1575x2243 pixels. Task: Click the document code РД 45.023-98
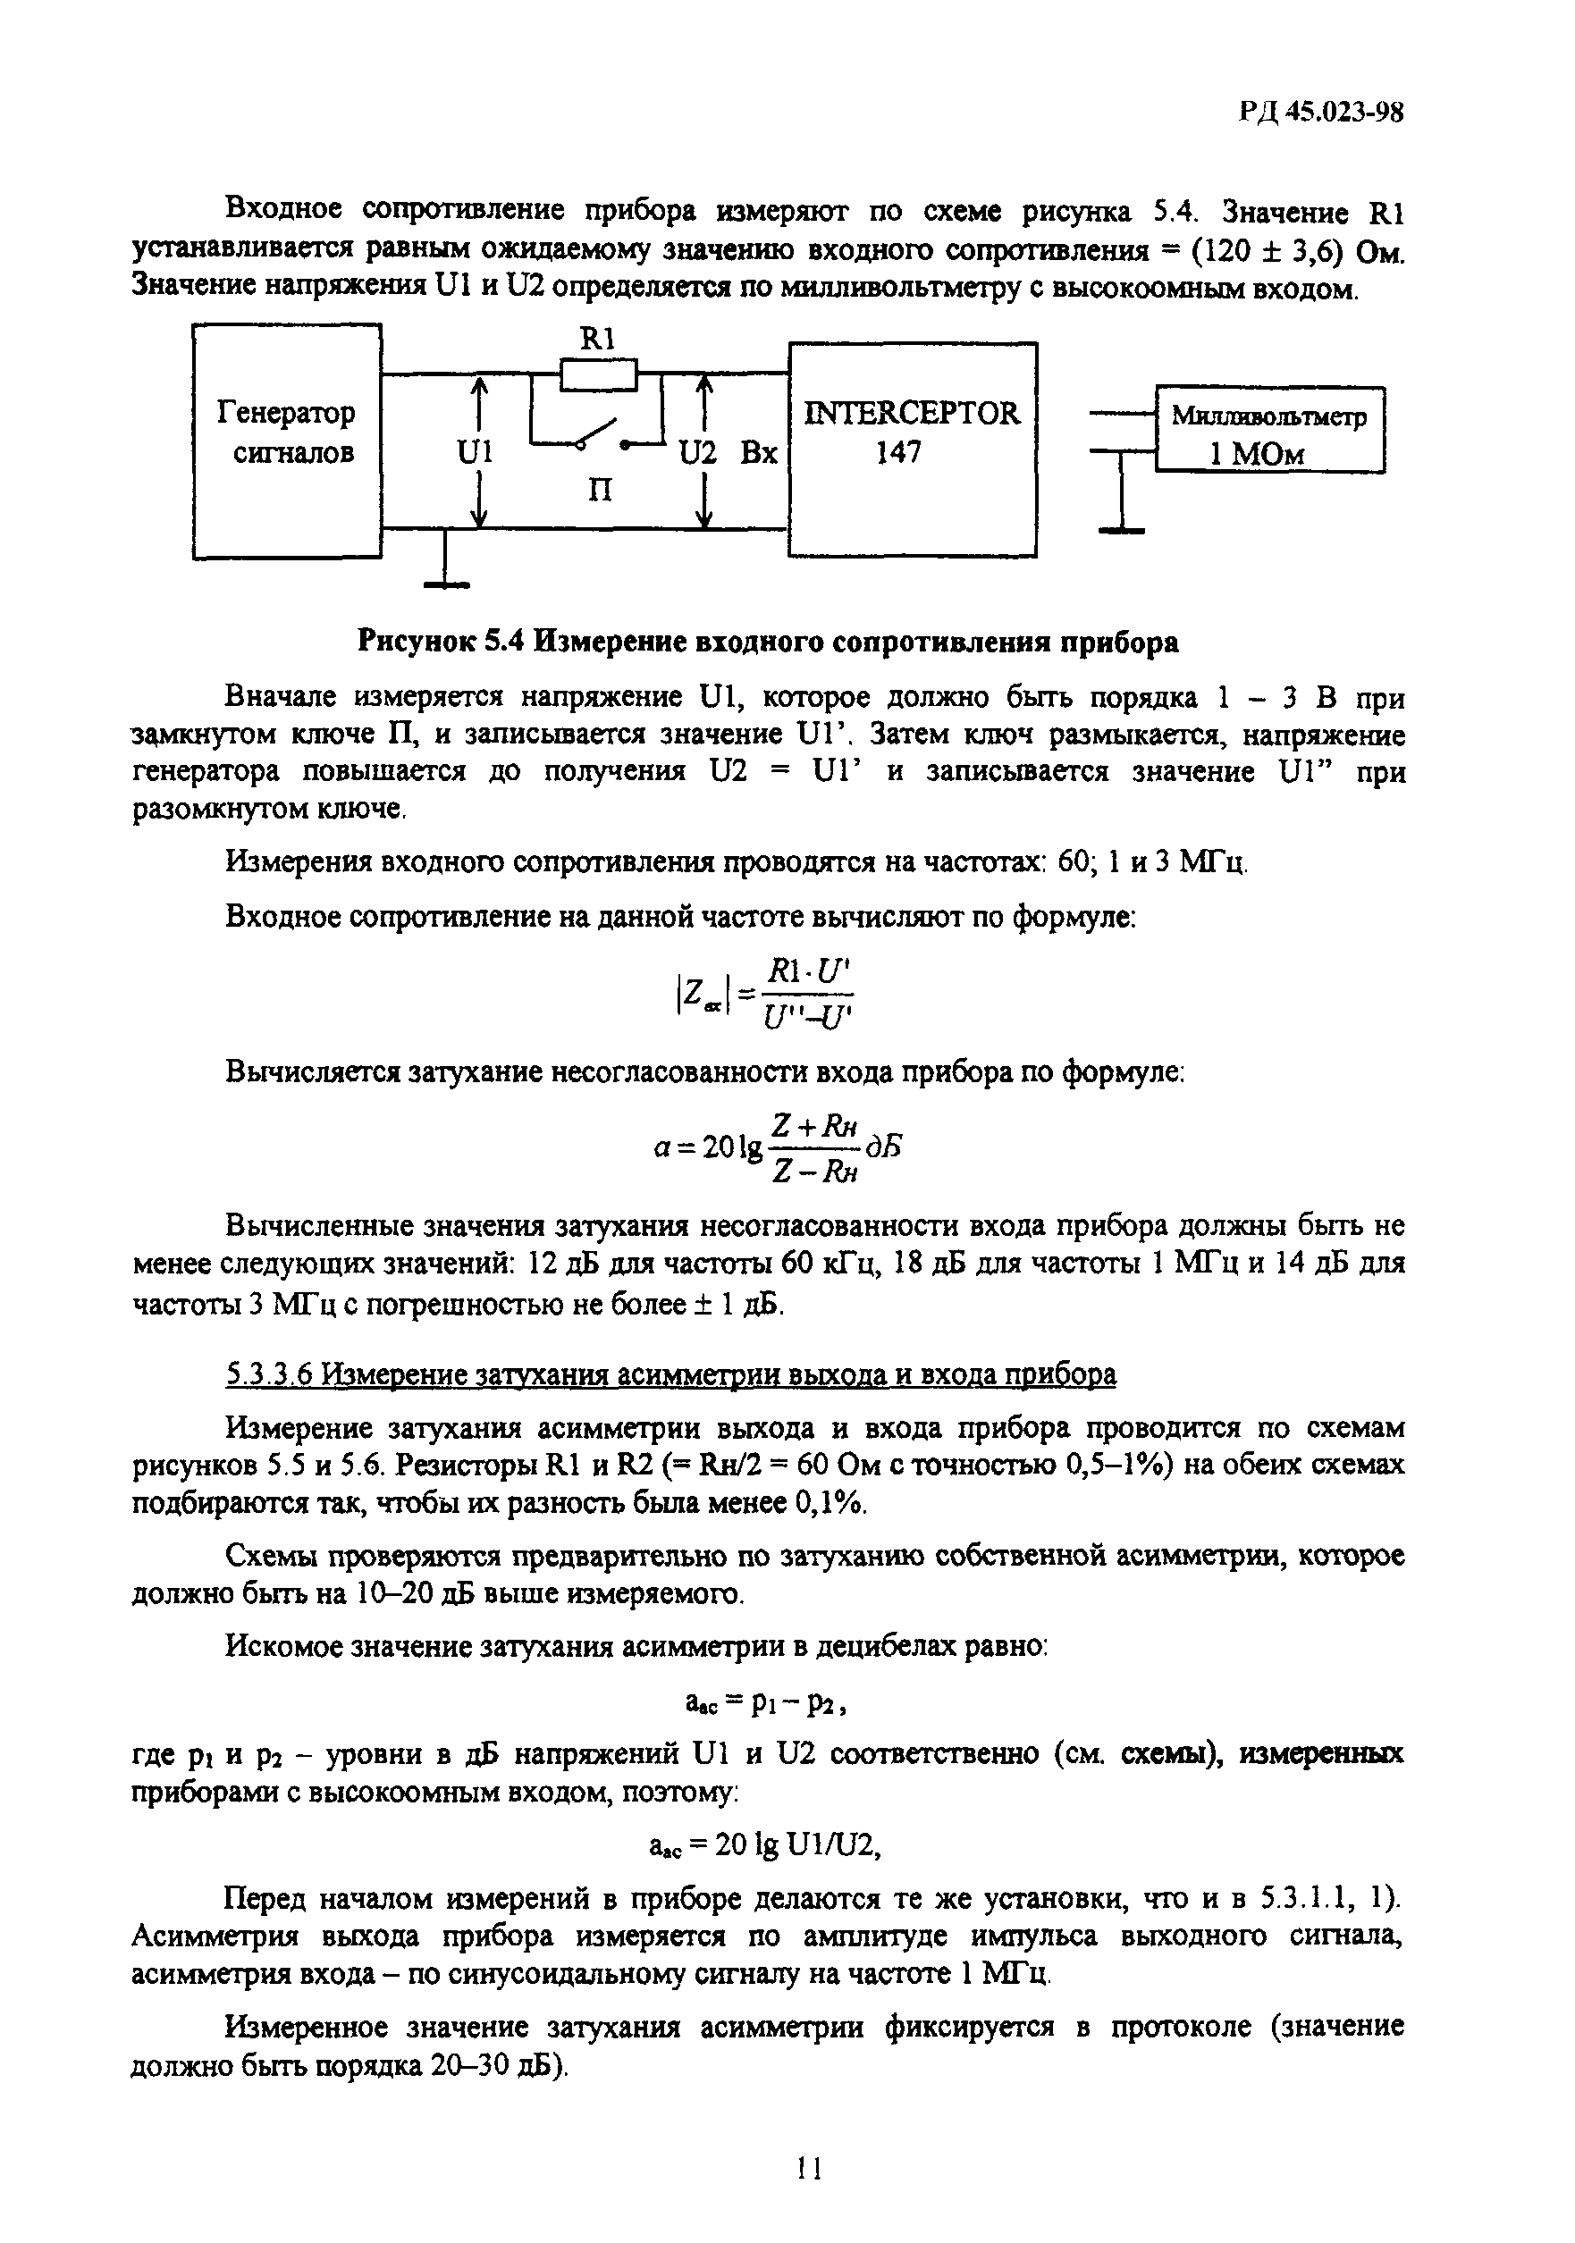pyautogui.click(x=1320, y=113)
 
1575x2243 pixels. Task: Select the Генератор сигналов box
pyautogui.click(x=286, y=441)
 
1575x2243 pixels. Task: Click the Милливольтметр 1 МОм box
pyautogui.click(x=1269, y=430)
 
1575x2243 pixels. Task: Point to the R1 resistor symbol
pyautogui.click(x=598, y=373)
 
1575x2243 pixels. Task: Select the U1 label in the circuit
pyautogui.click(x=475, y=452)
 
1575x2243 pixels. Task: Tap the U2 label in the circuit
pyautogui.click(x=697, y=452)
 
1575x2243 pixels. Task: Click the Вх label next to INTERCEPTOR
pyautogui.click(x=758, y=452)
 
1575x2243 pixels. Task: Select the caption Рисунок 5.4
pyautogui.click(x=768, y=642)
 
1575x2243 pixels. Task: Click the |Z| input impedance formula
pyautogui.click(x=763, y=993)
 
